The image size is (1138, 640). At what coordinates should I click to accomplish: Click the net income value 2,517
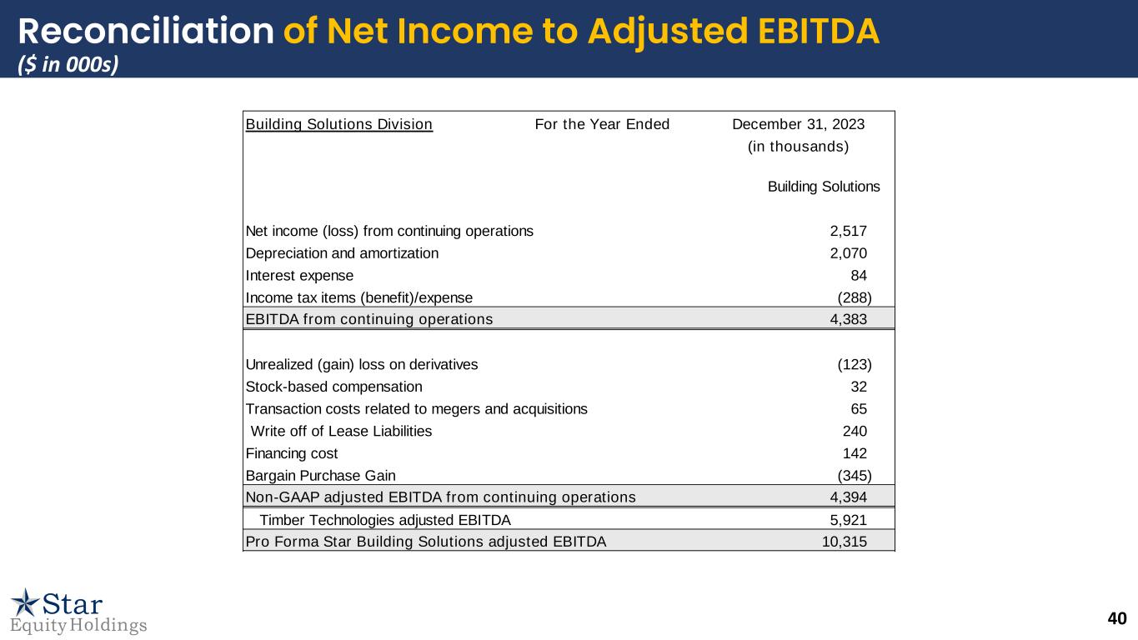[x=849, y=231]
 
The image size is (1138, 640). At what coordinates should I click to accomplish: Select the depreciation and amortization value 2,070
[x=849, y=253]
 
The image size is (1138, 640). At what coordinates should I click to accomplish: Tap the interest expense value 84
[x=859, y=276]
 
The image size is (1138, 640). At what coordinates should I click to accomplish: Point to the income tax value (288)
[x=855, y=297]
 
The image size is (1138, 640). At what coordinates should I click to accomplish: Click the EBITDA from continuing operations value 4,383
[x=849, y=319]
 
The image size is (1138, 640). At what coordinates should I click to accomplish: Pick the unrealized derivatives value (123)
[x=855, y=364]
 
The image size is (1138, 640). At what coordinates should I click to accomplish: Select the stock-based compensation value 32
[x=859, y=387]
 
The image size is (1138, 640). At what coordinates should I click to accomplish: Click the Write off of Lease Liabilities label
[x=341, y=431]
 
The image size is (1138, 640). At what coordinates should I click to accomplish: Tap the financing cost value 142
[x=855, y=453]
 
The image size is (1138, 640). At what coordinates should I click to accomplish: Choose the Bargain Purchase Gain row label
[x=321, y=476]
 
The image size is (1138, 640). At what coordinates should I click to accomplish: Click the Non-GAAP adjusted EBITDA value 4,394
[x=849, y=497]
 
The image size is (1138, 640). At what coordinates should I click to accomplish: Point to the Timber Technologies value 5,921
[x=849, y=520]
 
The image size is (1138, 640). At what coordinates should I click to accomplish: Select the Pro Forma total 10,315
[x=845, y=542]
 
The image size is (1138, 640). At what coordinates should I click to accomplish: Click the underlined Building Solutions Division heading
[x=339, y=125]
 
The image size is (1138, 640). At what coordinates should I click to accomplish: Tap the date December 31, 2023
[x=798, y=125]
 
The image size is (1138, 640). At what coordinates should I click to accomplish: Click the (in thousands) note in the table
[x=798, y=147]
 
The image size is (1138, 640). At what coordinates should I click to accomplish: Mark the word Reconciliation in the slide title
[x=146, y=32]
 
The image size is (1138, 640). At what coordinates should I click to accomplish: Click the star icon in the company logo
[x=25, y=602]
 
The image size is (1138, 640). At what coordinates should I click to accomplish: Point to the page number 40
[x=1117, y=618]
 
